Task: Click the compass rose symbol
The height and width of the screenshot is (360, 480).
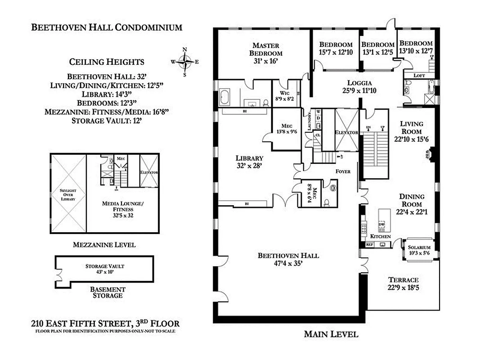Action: (185, 62)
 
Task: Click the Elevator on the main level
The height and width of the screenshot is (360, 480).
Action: (345, 132)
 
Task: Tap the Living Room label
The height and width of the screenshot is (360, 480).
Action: (412, 128)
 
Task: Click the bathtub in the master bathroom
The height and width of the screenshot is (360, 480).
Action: (225, 98)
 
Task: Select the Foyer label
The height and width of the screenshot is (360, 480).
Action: (343, 171)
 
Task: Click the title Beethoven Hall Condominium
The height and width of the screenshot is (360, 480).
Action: (107, 27)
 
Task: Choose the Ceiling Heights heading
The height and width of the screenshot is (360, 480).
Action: (107, 62)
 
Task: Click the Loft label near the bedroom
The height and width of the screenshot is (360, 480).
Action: (419, 76)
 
